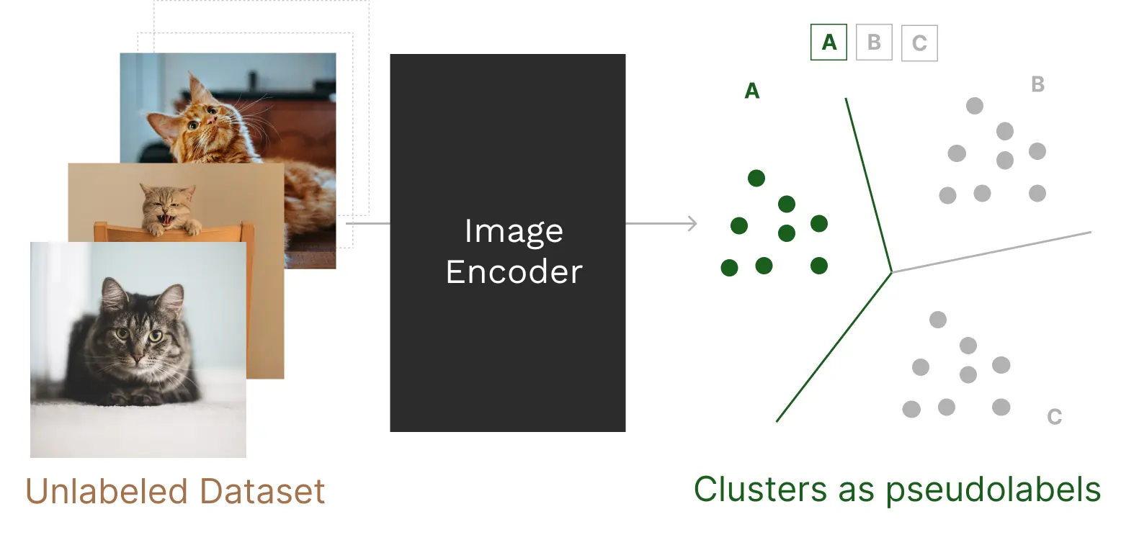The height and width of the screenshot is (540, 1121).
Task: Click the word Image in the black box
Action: [x=514, y=232]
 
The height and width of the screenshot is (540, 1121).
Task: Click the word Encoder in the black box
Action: [x=514, y=272]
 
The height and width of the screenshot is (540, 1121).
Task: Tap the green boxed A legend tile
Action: [x=829, y=42]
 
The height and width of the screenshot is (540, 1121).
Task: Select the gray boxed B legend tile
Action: [x=874, y=42]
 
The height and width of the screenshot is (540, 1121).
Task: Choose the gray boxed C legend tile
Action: [x=919, y=43]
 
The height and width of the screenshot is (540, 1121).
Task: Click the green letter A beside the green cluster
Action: [x=751, y=91]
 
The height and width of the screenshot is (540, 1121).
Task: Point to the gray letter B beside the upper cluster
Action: [x=1037, y=85]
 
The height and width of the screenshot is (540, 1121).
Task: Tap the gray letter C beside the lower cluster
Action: [x=1054, y=417]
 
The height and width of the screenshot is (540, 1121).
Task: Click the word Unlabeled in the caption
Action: [x=108, y=492]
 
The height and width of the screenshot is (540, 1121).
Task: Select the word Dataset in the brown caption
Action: [x=262, y=492]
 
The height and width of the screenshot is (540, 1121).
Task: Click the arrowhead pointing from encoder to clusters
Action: [x=692, y=224]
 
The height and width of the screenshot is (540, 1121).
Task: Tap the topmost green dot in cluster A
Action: [x=756, y=178]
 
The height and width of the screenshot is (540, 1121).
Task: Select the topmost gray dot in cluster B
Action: [x=974, y=106]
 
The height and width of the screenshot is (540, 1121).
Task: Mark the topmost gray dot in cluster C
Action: [x=937, y=320]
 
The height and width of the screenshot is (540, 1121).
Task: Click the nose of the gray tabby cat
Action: [x=135, y=358]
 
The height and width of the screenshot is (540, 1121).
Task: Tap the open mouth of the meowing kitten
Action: [x=166, y=217]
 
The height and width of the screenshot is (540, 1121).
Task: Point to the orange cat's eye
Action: [x=194, y=125]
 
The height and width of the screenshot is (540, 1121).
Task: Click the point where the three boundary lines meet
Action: [x=892, y=271]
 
